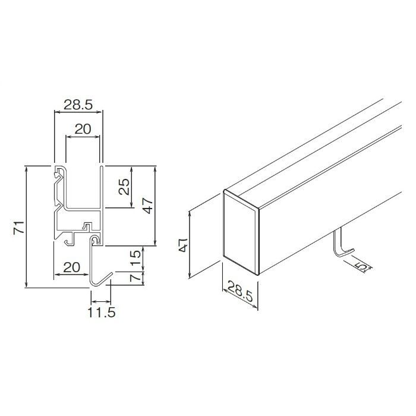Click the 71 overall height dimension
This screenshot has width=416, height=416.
tap(19, 227)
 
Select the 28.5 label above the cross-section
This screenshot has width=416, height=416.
tap(78, 105)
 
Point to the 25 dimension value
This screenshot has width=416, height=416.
tap(124, 187)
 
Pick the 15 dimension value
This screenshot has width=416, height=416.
tap(135, 257)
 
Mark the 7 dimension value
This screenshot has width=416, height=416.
tap(136, 278)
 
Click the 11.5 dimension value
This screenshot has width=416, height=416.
tap(102, 313)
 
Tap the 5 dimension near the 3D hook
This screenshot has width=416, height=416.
tap(363, 266)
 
